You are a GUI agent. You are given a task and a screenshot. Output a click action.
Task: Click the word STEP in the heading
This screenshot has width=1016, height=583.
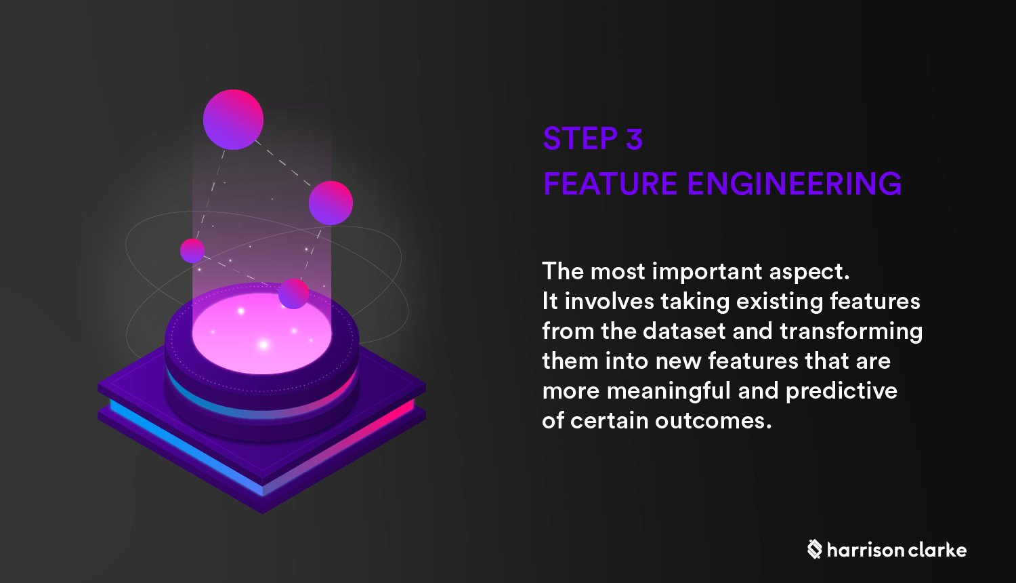click(x=579, y=139)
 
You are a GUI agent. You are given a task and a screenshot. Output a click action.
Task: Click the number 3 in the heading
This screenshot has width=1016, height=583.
click(x=634, y=139)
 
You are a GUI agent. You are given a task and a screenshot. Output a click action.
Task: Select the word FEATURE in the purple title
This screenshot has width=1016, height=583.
click(x=610, y=184)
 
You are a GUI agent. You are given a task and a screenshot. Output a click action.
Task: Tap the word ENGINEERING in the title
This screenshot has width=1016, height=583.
click(x=795, y=184)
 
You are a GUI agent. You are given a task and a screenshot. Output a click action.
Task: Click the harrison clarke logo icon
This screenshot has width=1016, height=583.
click(x=814, y=549)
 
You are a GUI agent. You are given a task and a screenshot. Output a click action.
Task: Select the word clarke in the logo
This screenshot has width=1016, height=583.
click(x=937, y=550)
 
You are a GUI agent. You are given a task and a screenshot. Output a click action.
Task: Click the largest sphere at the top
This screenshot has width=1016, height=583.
click(x=233, y=119)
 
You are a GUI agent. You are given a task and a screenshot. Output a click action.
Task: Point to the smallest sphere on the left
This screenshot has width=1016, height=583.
click(x=192, y=250)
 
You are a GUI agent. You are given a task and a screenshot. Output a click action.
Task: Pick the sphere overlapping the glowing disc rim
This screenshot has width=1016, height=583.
click(x=294, y=294)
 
